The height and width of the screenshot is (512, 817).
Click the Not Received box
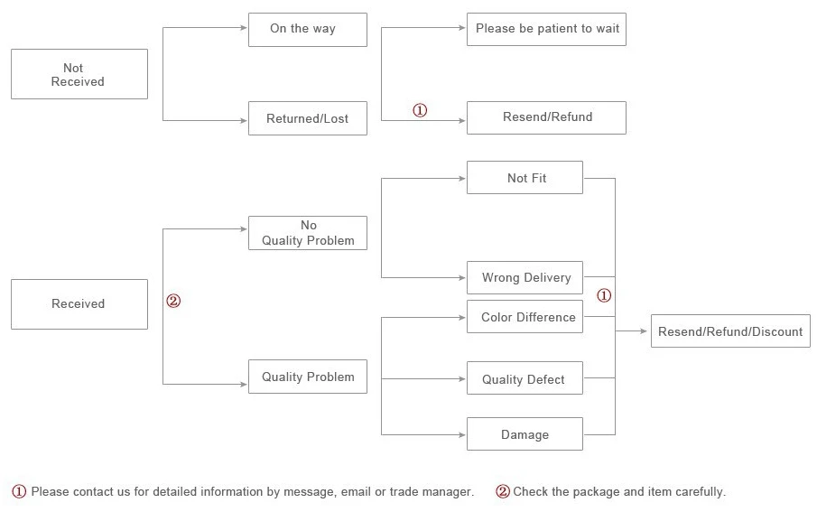(x=79, y=74)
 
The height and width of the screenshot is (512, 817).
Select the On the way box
(x=307, y=29)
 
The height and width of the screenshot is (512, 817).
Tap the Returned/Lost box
(x=307, y=118)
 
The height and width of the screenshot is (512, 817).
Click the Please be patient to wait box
(x=546, y=29)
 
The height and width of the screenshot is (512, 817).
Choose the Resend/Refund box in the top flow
(x=546, y=117)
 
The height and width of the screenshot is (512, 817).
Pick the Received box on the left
(x=79, y=304)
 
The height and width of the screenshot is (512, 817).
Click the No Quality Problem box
(x=307, y=233)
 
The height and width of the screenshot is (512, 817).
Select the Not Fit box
(x=525, y=178)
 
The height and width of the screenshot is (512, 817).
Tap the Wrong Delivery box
(x=525, y=278)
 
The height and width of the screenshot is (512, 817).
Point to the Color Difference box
(x=525, y=318)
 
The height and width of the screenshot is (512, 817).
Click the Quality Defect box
(x=525, y=379)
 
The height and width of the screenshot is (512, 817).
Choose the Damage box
(x=525, y=434)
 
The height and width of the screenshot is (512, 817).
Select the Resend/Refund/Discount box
(x=730, y=331)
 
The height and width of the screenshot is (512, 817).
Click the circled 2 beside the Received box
(x=173, y=302)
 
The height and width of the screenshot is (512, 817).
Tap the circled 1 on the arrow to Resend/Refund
(x=420, y=110)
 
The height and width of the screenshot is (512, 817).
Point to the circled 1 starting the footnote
(x=19, y=492)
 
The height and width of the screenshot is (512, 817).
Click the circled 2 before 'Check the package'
(x=503, y=492)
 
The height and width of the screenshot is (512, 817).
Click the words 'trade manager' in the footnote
(x=431, y=492)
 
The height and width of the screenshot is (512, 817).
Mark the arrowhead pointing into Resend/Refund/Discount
(x=645, y=331)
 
